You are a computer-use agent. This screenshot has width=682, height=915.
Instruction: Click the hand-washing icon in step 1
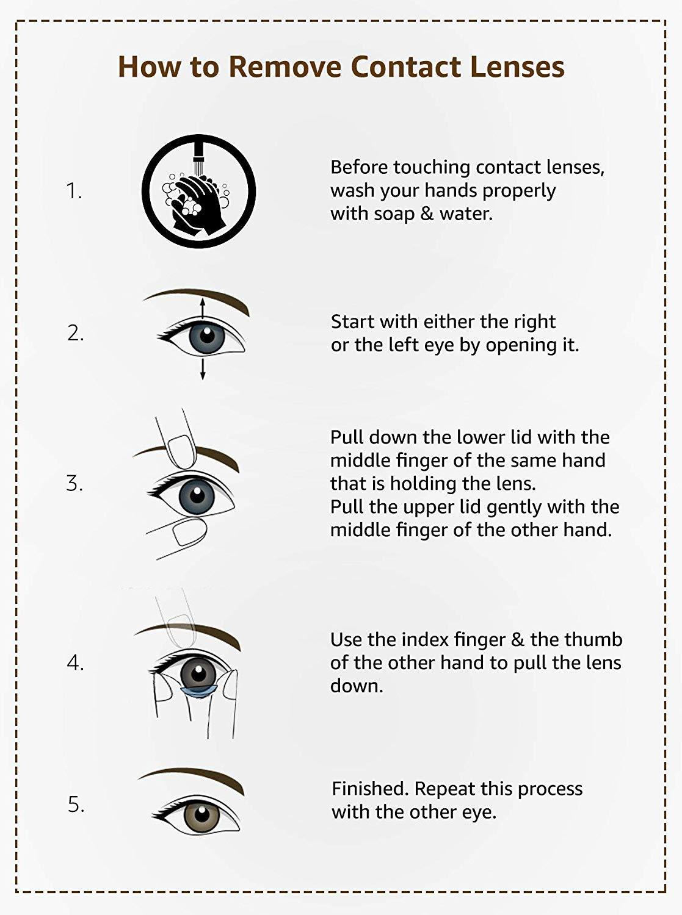(198, 192)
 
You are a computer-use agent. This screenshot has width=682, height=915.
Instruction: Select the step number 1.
(74, 192)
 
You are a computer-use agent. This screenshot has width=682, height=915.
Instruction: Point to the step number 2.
(75, 334)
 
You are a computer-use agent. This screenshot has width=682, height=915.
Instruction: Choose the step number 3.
(74, 484)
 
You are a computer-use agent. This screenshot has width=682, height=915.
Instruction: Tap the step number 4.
(75, 662)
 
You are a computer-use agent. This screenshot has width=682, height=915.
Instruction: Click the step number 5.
(76, 805)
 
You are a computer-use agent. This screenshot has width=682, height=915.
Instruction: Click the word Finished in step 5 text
(370, 789)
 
